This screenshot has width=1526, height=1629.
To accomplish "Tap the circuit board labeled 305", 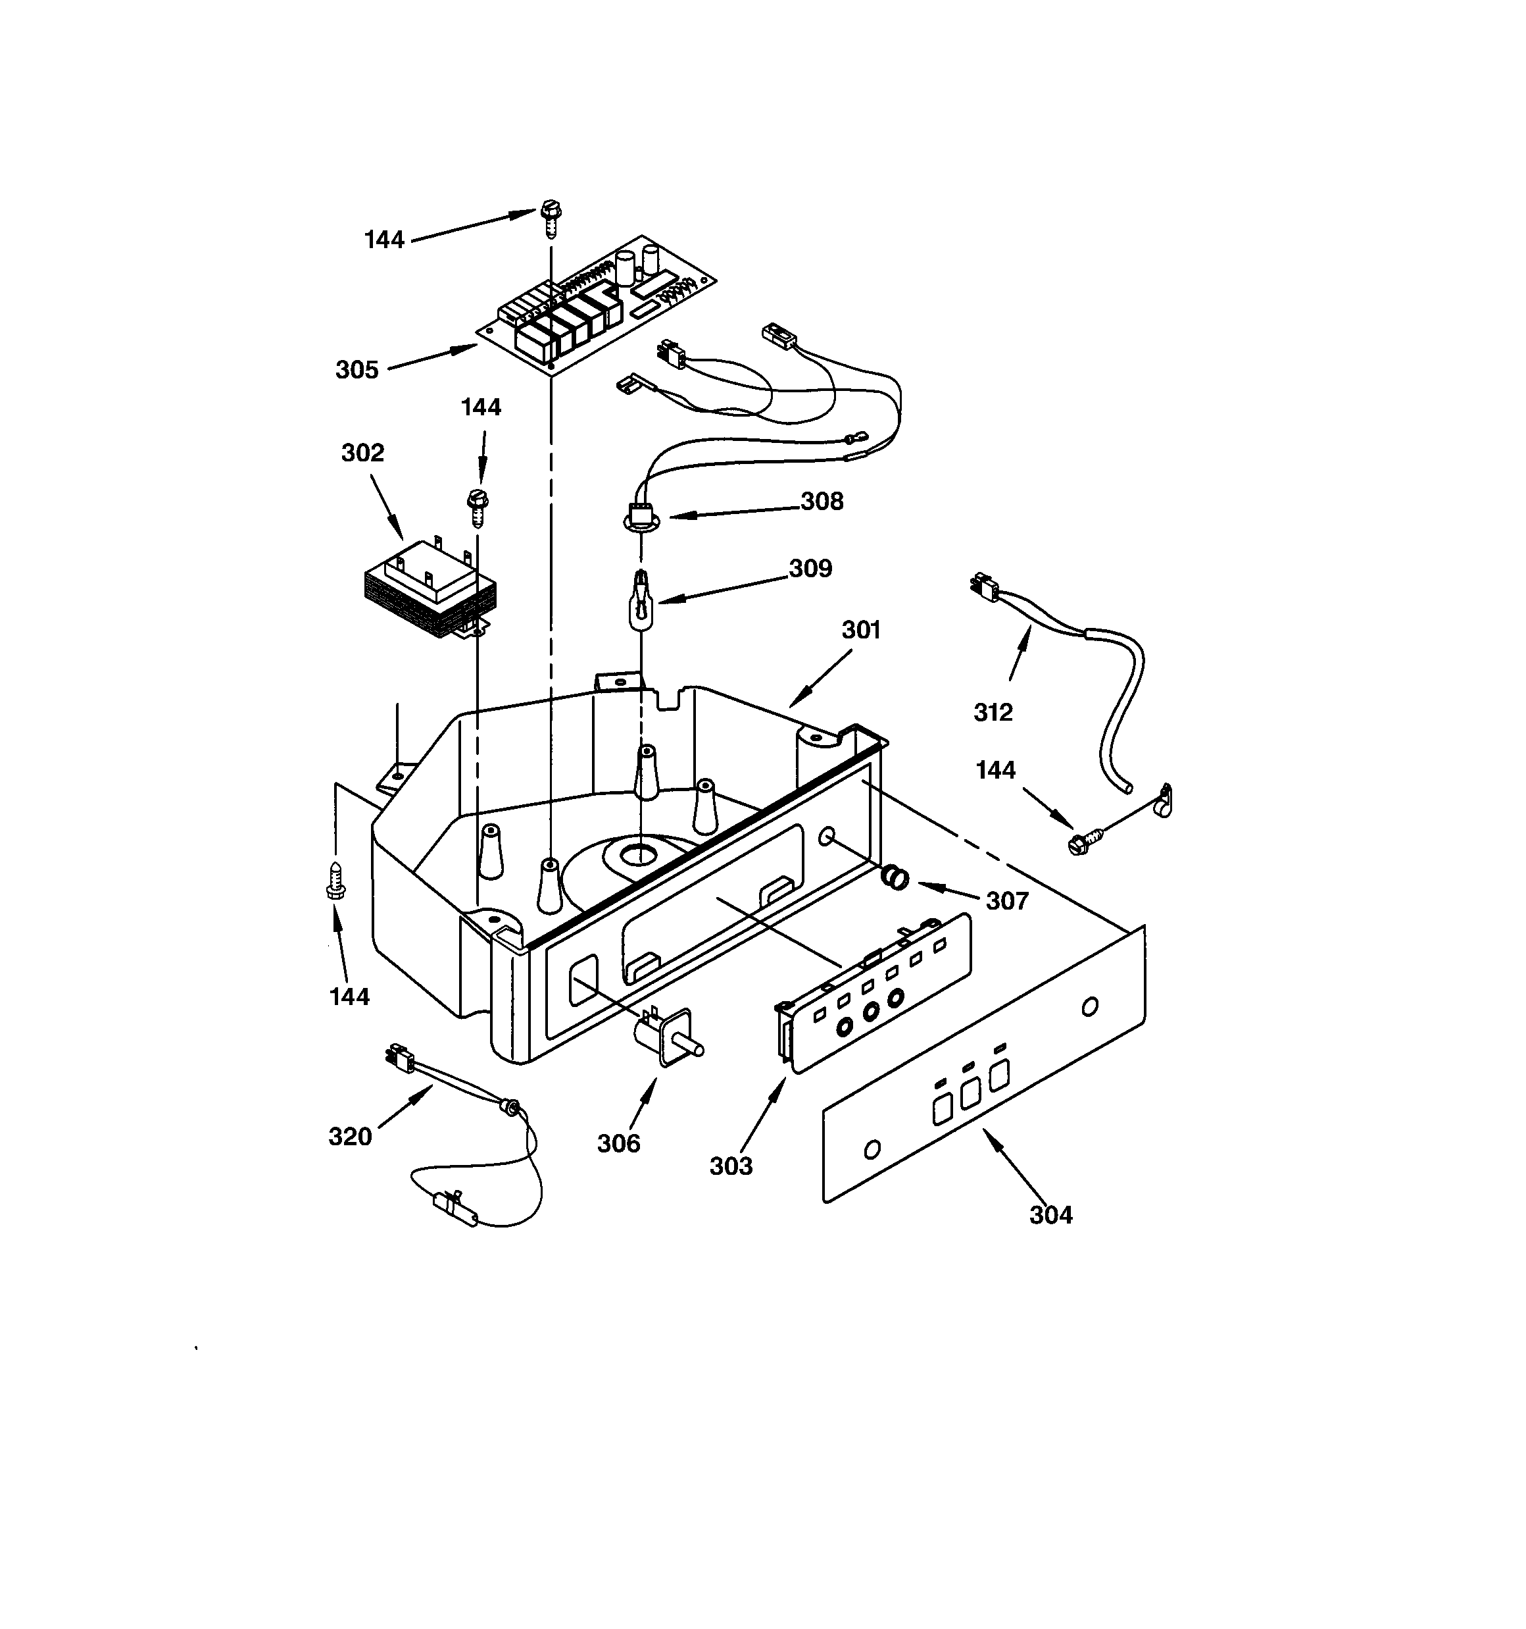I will [597, 307].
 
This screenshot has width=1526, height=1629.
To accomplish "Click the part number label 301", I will [861, 629].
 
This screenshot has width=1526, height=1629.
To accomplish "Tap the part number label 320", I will [350, 1137].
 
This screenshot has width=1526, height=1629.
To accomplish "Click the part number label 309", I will [810, 568].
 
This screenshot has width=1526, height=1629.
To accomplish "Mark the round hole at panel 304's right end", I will [1089, 1006].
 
